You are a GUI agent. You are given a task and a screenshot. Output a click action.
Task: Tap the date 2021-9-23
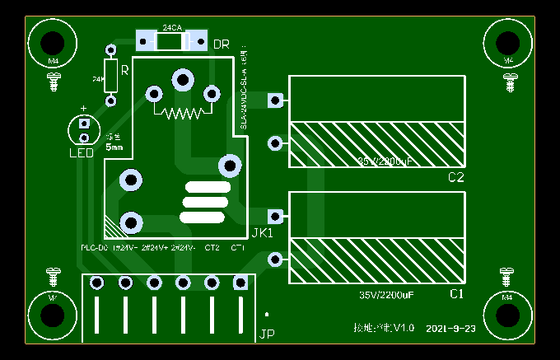pyautogui.click(x=451, y=329)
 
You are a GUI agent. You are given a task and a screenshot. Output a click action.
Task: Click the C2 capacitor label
pyautogui.click(x=456, y=178)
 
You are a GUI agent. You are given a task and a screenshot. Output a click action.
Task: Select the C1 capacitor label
pyautogui.click(x=456, y=294)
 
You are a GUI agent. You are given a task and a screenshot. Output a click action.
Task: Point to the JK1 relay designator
pyautogui.click(x=262, y=233)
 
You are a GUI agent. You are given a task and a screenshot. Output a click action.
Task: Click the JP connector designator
pyautogui.click(x=266, y=334)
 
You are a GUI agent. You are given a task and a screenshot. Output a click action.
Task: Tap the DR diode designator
pyautogui.click(x=222, y=44)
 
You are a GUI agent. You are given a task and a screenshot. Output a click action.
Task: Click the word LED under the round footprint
pyautogui.click(x=81, y=152)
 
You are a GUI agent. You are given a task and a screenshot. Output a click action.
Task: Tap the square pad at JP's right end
pyautogui.click(x=240, y=283)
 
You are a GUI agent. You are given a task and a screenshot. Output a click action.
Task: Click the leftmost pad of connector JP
pyautogui.click(x=97, y=283)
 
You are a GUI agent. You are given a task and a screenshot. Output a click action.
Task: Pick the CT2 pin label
pyautogui.click(x=212, y=248)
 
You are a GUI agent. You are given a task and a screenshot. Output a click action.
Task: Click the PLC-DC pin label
pyautogui.click(x=94, y=248)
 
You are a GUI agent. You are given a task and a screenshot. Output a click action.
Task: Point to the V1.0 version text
pyautogui.click(x=404, y=328)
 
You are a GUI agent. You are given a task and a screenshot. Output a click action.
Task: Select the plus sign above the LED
pyautogui.click(x=83, y=109)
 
